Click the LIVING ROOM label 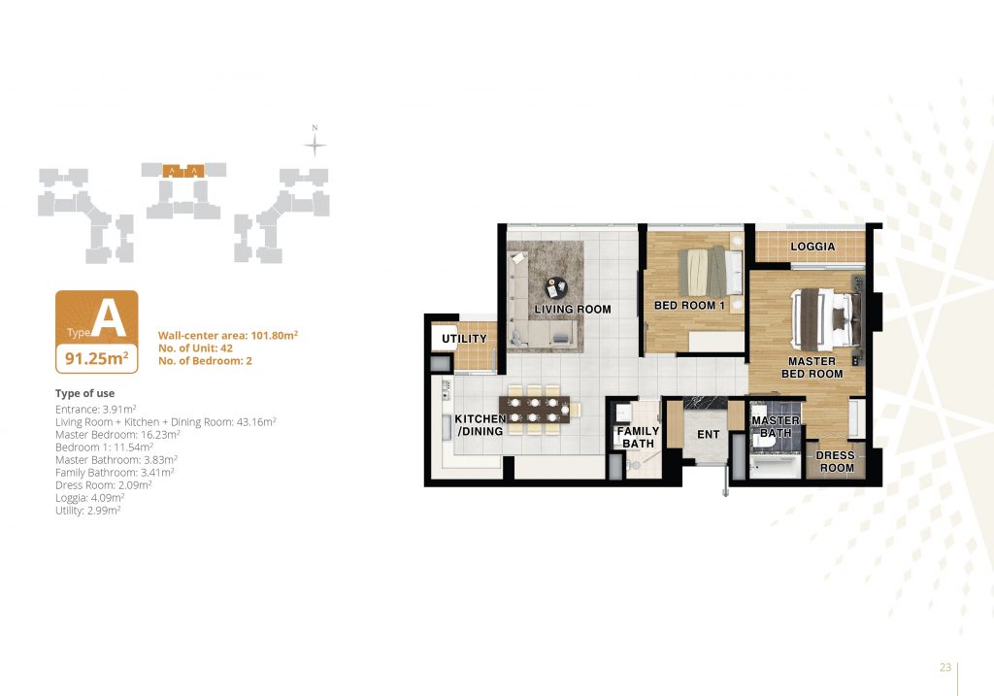click(573, 310)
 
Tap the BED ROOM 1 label click(689, 306)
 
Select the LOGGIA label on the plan click(812, 247)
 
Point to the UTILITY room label click(464, 339)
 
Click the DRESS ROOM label click(836, 461)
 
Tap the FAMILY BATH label click(639, 438)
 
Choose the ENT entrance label click(708, 434)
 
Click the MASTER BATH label click(776, 426)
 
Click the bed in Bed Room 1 click(710, 272)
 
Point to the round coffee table click(556, 287)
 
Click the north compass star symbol click(315, 146)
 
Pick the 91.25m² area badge click(97, 359)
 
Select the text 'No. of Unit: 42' click(195, 348)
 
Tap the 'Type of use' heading click(85, 393)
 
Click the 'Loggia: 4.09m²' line click(89, 498)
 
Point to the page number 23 click(945, 667)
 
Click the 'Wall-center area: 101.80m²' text click(228, 335)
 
